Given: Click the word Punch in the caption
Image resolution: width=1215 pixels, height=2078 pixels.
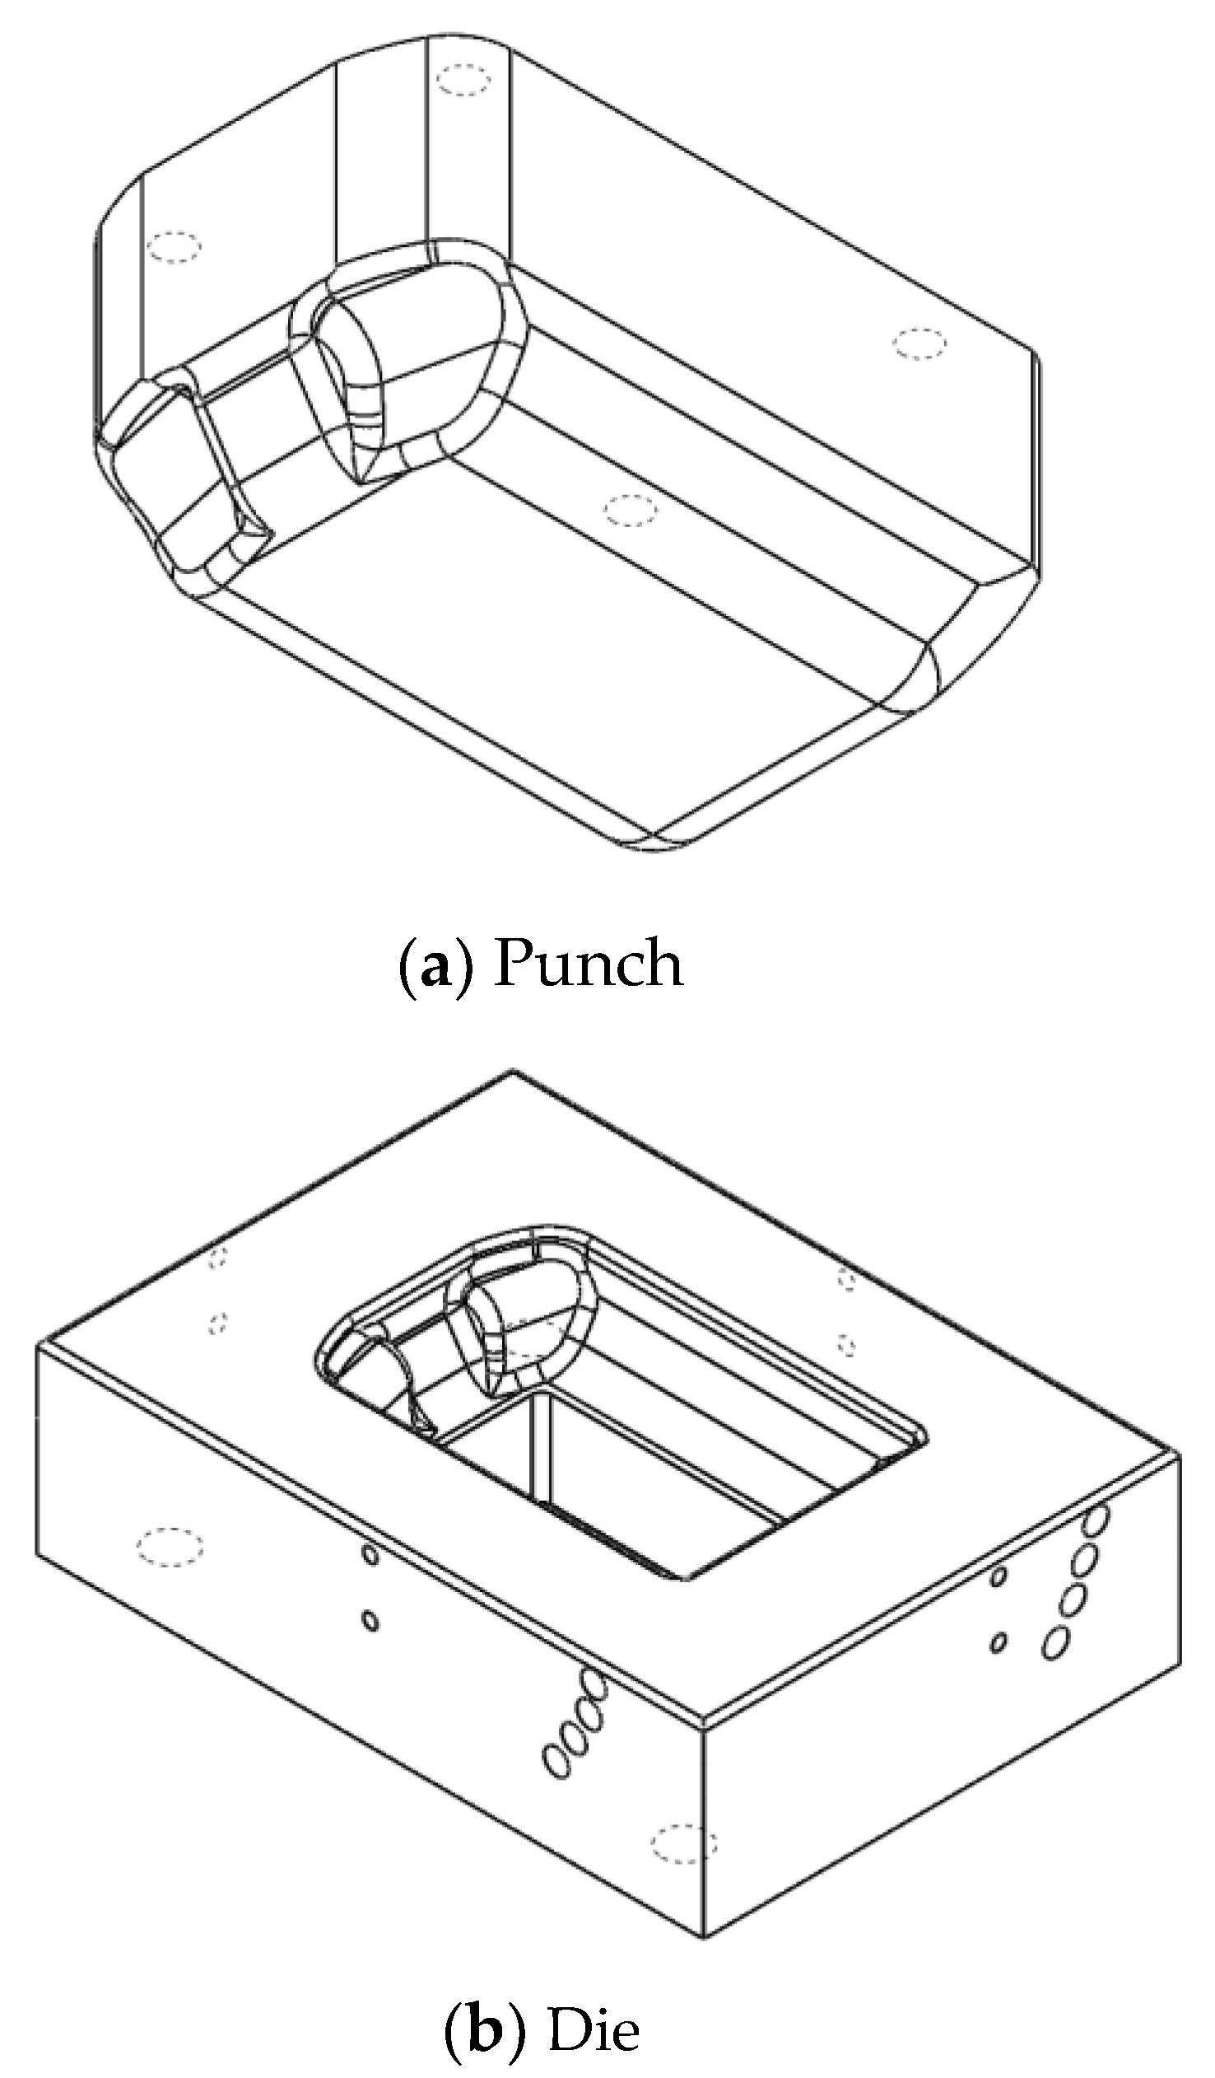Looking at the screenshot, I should tap(588, 963).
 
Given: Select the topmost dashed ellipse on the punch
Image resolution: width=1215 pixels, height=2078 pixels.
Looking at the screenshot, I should tap(463, 81).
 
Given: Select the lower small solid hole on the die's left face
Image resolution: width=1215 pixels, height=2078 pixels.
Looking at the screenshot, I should tap(370, 1622).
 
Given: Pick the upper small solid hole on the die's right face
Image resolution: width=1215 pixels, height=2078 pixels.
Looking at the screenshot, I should tap(999, 1576).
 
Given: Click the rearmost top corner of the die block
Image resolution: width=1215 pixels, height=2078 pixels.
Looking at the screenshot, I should tap(514, 1072).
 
